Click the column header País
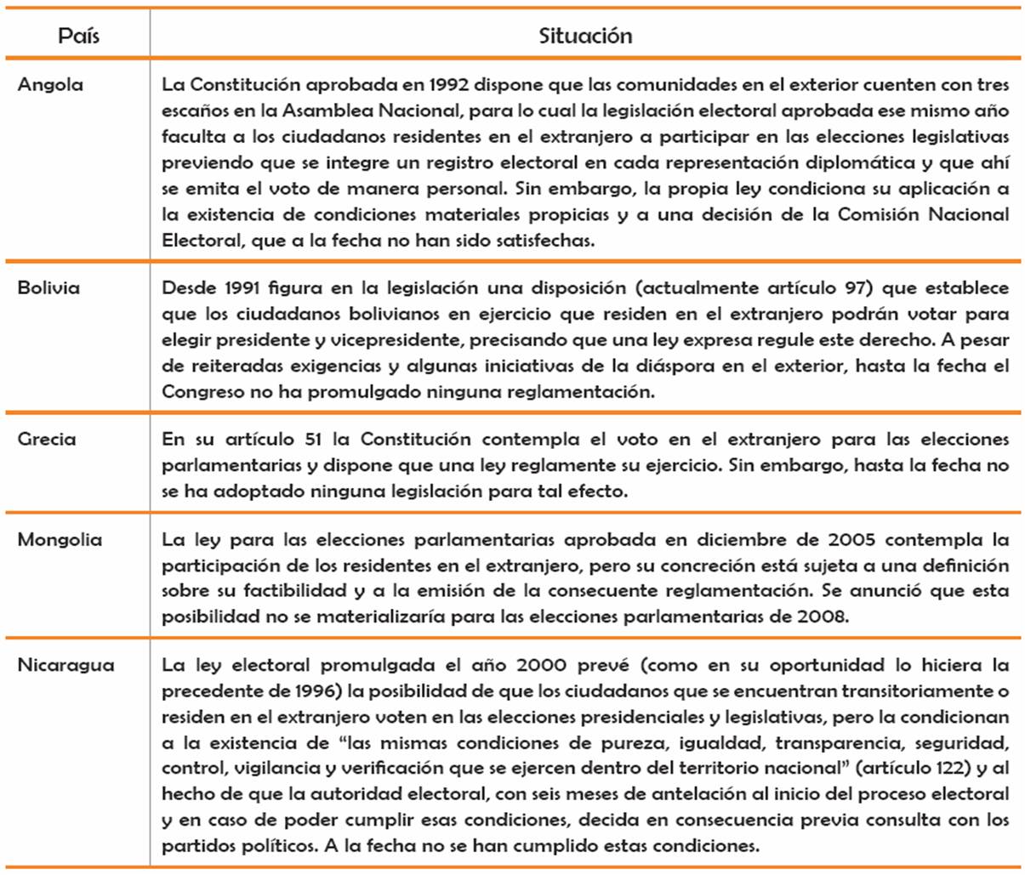click(78, 36)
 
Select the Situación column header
click(585, 36)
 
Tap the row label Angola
click(50, 84)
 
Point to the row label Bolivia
click(48, 287)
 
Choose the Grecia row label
click(47, 439)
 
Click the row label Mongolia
click(60, 539)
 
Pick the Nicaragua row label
click(65, 665)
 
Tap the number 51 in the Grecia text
click(311, 439)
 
